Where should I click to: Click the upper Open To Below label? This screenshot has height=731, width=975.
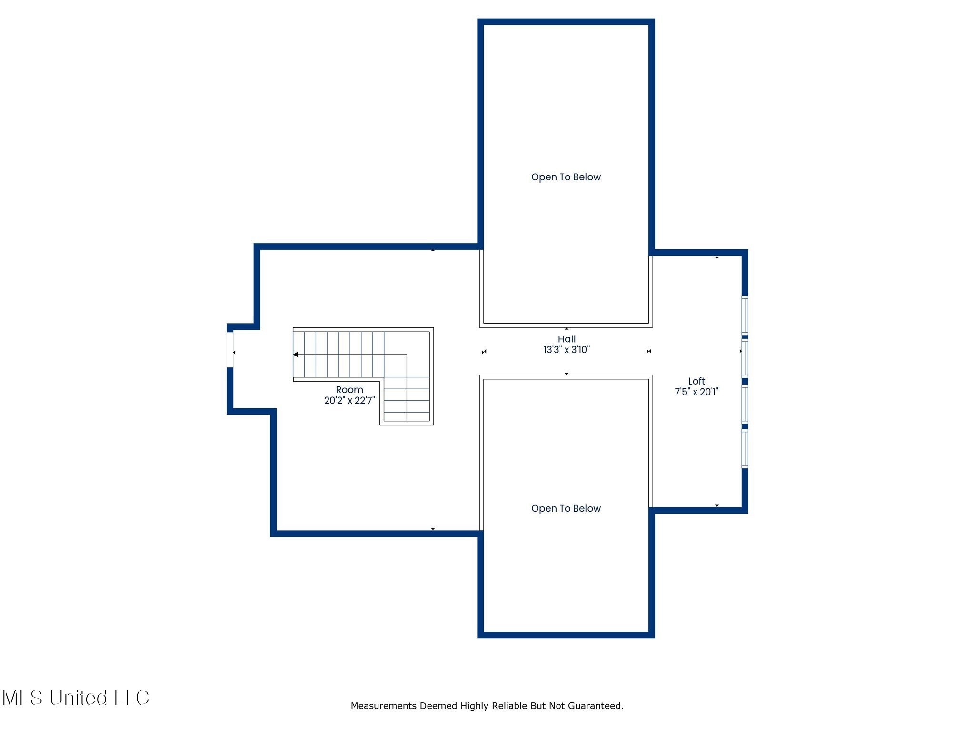point(566,177)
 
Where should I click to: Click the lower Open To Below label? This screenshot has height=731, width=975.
point(566,508)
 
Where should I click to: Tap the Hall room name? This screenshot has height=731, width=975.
point(567,339)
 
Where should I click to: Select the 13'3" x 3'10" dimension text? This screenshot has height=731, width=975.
point(567,350)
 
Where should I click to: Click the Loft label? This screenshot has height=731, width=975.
point(696,381)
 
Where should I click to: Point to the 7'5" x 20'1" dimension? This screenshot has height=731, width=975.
point(696,392)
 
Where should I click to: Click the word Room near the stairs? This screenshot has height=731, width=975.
point(349,390)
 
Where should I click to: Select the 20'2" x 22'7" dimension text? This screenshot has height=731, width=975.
point(349,401)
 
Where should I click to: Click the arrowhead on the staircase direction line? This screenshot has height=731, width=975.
point(296,355)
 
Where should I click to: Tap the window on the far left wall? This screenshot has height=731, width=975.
point(230,350)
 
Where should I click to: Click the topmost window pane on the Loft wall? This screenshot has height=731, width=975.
point(745,315)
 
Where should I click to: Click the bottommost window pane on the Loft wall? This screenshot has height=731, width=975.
point(745,449)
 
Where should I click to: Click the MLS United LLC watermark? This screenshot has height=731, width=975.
point(76,698)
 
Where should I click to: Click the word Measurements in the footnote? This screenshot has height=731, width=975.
point(384,706)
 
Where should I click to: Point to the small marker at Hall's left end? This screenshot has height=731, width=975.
point(484,352)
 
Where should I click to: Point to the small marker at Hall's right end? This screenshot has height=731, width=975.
point(649,351)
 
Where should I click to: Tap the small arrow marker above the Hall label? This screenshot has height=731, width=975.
point(567,328)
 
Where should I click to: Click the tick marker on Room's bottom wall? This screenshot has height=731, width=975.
point(433,529)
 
